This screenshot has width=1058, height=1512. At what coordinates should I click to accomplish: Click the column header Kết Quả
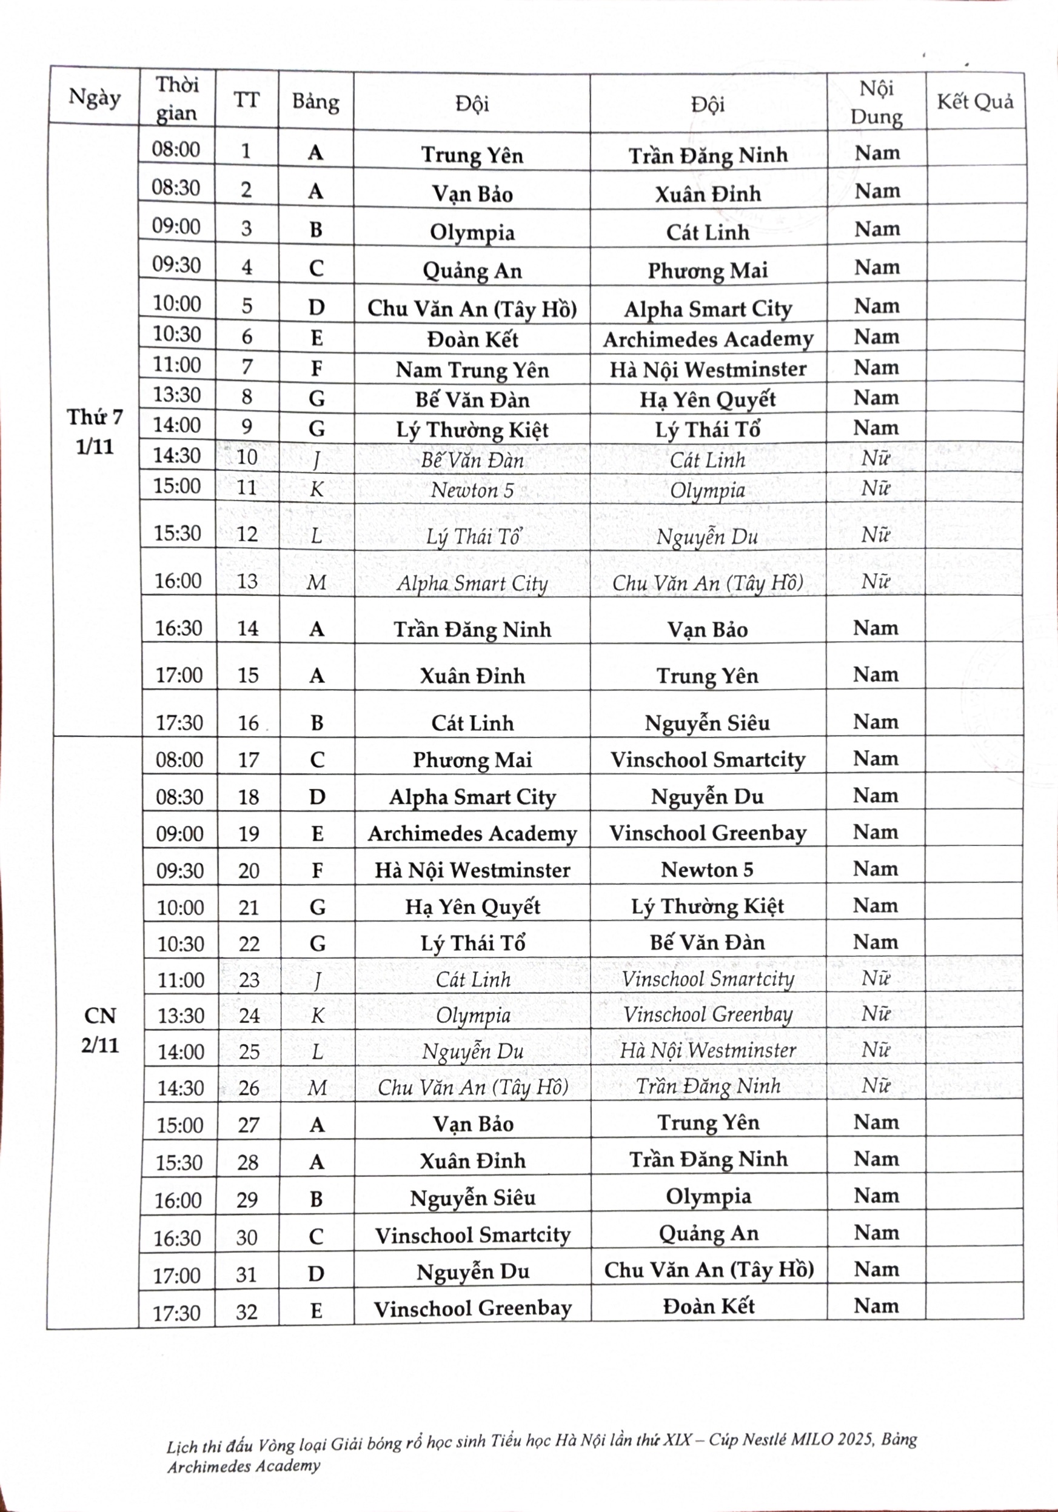point(975,102)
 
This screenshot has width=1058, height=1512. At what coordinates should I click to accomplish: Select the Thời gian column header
point(176,99)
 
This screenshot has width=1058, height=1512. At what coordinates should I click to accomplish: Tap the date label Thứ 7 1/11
point(95,432)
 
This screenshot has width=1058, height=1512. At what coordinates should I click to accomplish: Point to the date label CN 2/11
point(100,1030)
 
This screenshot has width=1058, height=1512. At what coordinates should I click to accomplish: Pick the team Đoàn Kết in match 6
point(472,339)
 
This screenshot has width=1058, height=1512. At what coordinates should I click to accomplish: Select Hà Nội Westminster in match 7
point(708,370)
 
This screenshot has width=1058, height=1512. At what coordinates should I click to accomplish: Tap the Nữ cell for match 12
point(876,535)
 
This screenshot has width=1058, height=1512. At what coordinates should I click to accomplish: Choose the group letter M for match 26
point(317,1087)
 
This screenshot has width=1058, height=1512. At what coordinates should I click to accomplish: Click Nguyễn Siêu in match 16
point(707,723)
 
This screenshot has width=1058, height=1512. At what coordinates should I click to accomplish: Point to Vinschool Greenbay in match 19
point(708,833)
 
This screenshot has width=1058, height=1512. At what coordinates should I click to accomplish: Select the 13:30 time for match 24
point(181,1016)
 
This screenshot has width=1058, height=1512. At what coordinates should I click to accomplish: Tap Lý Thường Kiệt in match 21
point(708,906)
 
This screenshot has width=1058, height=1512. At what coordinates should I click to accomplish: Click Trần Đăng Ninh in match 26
point(708,1086)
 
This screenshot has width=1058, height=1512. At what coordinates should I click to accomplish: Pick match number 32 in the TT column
point(246,1312)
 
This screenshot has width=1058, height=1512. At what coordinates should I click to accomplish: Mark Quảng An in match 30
point(708,1233)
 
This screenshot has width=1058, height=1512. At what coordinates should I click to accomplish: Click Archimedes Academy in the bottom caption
point(244,1466)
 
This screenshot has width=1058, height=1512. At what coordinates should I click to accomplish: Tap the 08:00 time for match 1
point(176,150)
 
